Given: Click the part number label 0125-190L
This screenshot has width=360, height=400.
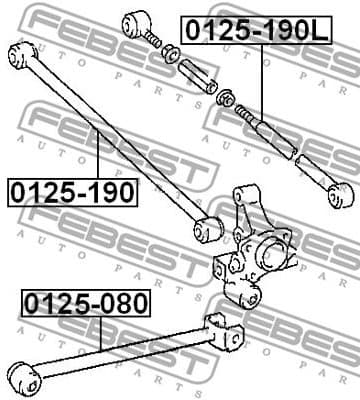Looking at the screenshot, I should [254, 31].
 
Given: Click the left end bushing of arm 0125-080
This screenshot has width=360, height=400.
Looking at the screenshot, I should [24, 377].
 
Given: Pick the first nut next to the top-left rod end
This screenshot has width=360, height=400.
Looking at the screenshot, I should [171, 52].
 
